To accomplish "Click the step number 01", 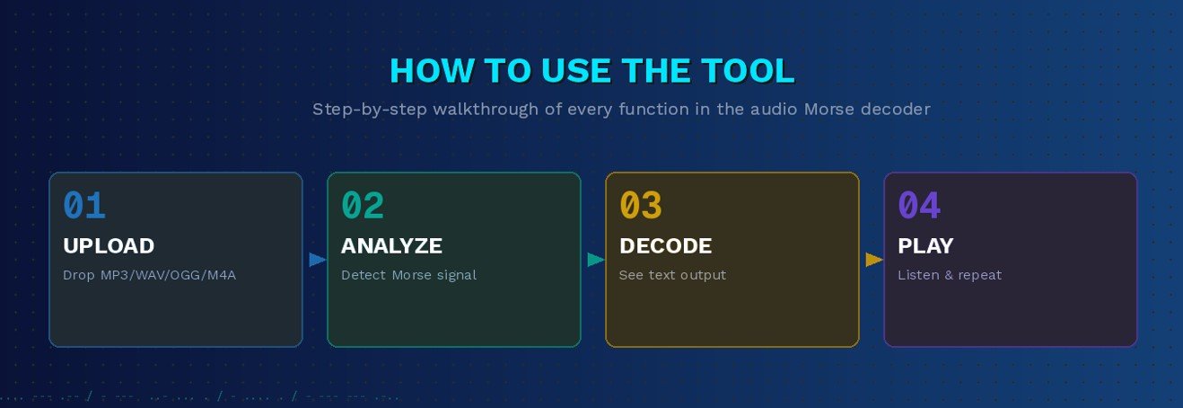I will point(84,207).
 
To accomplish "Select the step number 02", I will point(363,207).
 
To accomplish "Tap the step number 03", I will point(641,207).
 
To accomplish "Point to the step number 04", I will point(919,207).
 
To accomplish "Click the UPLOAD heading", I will point(109,246).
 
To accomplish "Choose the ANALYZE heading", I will point(391,246).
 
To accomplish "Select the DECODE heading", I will point(665,246).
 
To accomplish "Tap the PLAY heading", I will point(925,246).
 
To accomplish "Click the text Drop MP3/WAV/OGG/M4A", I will point(149,275).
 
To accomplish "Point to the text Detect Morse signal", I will point(408,275).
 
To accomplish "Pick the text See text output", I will point(672,275).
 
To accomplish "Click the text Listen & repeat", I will point(950,275).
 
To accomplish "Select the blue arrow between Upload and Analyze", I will point(317,260).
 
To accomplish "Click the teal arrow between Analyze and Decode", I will point(595,260).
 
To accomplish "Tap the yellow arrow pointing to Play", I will point(873,260).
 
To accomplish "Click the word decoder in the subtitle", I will point(898,110).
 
